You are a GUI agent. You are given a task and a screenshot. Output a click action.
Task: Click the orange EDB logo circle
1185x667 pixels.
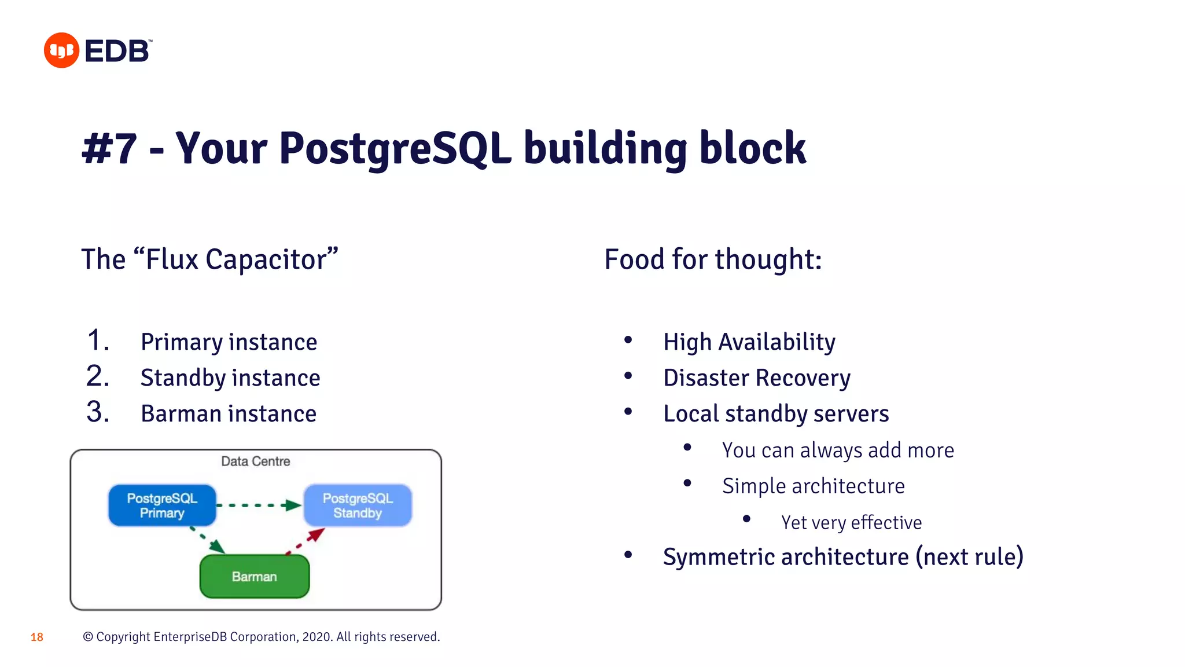(61, 50)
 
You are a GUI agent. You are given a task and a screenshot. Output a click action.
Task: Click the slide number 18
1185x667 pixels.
(37, 637)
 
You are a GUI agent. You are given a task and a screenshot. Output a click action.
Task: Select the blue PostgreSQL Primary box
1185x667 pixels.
(162, 505)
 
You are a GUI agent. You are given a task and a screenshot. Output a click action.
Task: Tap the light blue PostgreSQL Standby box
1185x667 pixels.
(358, 505)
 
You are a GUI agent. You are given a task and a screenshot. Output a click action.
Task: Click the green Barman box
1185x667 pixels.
(255, 577)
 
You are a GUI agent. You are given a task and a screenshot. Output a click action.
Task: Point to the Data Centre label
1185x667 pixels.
(255, 461)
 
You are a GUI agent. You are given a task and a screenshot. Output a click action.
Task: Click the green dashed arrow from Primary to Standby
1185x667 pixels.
(259, 505)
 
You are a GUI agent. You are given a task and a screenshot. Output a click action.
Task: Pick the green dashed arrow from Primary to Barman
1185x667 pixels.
(208, 539)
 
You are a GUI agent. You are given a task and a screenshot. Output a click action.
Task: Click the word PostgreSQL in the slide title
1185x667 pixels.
(395, 149)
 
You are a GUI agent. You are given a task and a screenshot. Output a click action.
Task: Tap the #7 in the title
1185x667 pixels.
(110, 149)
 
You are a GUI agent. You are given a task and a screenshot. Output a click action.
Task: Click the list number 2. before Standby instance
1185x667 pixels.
(97, 376)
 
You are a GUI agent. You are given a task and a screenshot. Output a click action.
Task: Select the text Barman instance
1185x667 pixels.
(229, 414)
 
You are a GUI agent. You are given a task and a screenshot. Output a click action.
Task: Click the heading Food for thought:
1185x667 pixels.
(713, 259)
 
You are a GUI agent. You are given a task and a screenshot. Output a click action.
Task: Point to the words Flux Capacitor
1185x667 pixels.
(236, 259)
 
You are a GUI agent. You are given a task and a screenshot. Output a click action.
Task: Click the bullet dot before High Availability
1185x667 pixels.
(628, 340)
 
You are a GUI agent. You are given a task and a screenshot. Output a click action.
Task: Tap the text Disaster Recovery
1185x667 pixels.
(757, 378)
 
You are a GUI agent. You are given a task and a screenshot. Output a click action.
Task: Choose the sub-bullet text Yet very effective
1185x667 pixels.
(851, 522)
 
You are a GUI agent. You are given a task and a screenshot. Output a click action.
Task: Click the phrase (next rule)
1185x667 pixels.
(970, 557)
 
